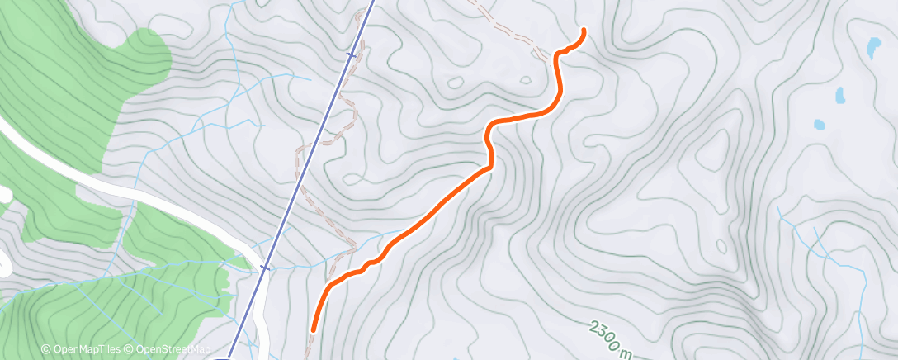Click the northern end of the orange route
click(x=584, y=31)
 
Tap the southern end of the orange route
click(x=313, y=329)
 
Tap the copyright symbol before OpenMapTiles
click(x=46, y=350)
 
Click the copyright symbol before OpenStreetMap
click(x=130, y=350)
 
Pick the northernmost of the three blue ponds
click(x=872, y=48)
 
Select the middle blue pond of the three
click(x=840, y=95)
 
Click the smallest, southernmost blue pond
click(x=818, y=126)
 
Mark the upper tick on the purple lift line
click(x=352, y=55)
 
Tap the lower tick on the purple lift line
click(x=264, y=268)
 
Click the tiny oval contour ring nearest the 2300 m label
click(x=721, y=246)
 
